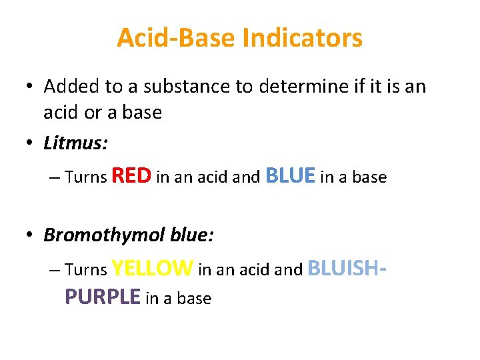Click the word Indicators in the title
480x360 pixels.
[303, 38]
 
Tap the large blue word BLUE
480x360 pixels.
[290, 175]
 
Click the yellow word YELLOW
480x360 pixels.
[153, 268]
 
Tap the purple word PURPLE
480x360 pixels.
[103, 297]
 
